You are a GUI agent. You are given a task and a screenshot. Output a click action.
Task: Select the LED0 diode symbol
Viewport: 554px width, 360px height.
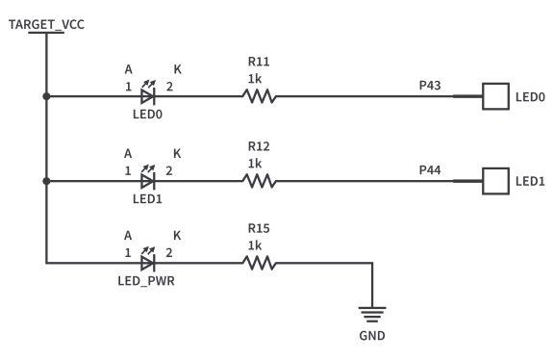(148, 96)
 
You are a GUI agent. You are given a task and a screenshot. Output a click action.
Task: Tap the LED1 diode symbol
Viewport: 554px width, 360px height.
(148, 180)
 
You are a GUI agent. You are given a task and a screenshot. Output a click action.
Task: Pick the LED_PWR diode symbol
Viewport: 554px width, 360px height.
(148, 261)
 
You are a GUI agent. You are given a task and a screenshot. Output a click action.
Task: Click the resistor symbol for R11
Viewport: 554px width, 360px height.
(258, 96)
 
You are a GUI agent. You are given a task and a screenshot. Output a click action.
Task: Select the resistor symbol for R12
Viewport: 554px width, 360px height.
(258, 180)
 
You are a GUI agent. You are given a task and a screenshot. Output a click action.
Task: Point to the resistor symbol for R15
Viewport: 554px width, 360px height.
(258, 261)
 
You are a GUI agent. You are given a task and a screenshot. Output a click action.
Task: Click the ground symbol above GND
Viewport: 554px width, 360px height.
(371, 313)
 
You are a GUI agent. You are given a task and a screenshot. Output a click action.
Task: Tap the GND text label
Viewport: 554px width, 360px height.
(371, 337)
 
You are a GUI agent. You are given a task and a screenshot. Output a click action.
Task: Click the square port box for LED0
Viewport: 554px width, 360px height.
(494, 96)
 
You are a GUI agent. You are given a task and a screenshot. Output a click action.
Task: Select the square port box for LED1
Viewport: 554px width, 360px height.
(494, 180)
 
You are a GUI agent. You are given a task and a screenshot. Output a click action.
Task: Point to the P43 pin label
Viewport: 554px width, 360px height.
(430, 86)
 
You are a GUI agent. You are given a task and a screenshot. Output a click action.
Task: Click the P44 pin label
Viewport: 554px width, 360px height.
(430, 169)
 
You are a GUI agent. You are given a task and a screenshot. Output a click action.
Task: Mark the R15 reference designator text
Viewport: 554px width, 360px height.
(258, 229)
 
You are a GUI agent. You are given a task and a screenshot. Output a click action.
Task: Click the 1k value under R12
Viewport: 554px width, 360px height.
(255, 164)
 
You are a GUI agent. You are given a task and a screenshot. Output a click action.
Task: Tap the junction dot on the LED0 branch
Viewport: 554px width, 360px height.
(46, 96)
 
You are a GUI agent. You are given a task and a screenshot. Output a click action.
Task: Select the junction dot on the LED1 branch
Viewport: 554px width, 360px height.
(46, 180)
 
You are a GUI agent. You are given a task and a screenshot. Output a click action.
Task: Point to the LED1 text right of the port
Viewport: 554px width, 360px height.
(531, 181)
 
